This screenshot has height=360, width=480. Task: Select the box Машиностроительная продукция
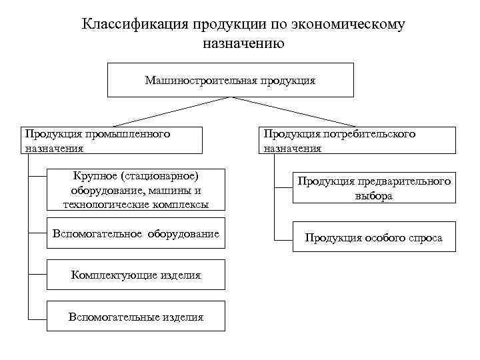[x=230, y=80]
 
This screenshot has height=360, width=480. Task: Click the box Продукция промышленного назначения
[x=111, y=141]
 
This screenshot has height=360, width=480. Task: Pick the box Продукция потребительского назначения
[x=357, y=141]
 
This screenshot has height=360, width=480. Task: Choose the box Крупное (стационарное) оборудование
[x=136, y=190]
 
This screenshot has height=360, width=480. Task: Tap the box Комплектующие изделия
[x=136, y=275]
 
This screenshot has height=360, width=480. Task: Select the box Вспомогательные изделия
[x=136, y=317]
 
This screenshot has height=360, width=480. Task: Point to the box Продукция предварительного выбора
[x=374, y=189]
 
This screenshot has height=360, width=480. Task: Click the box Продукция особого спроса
[x=374, y=237]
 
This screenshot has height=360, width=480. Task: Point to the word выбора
[x=373, y=197]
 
